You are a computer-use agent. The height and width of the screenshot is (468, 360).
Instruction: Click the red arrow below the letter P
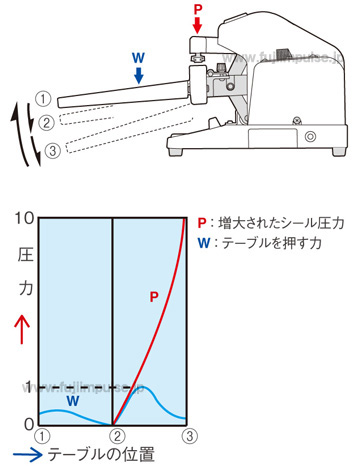(x=197, y=23)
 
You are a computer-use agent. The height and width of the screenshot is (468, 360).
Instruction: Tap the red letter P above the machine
(x=197, y=8)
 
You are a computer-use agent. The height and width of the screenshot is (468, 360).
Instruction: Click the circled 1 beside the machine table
(x=43, y=99)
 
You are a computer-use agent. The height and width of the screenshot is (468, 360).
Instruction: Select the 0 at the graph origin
(x=28, y=424)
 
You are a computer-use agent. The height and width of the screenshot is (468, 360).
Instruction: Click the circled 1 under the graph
(x=40, y=436)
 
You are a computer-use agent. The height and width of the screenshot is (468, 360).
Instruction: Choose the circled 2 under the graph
(x=116, y=436)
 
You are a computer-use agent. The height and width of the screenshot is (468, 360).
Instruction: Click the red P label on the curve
(x=153, y=297)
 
